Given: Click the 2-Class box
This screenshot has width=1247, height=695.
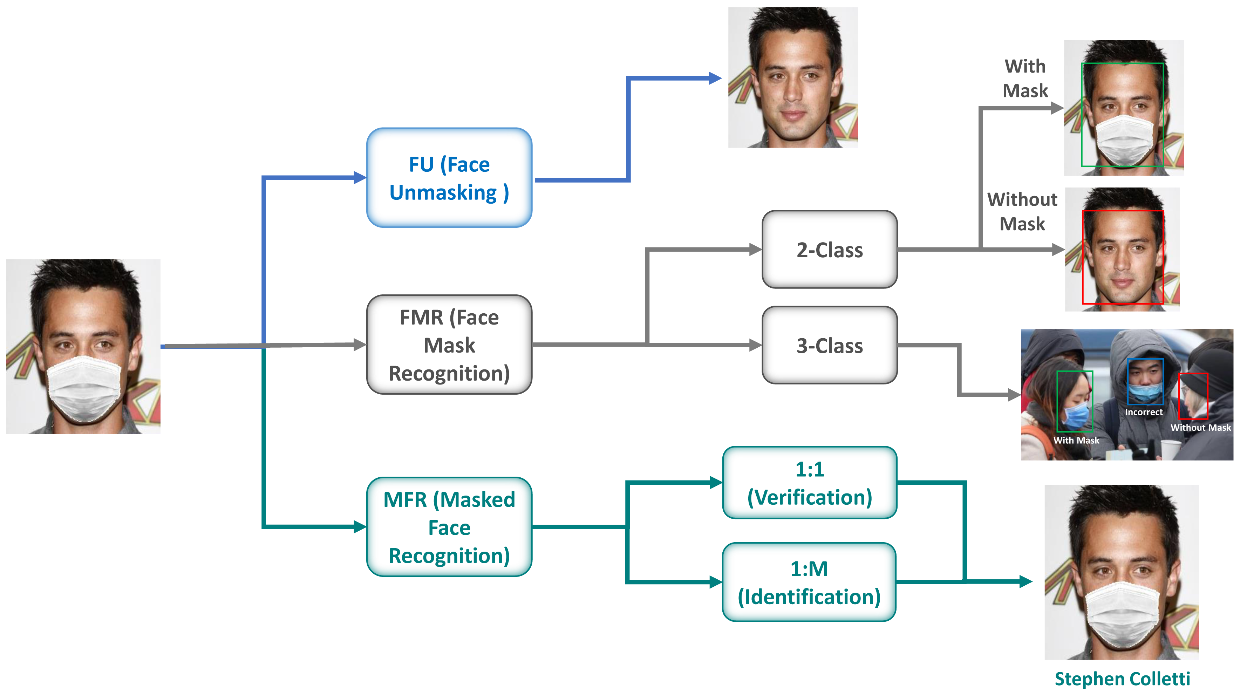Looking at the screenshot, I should pyautogui.click(x=829, y=250).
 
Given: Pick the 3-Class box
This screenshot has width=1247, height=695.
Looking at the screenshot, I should pyautogui.click(x=829, y=345).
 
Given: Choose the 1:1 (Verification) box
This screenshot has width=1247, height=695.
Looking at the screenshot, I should pyautogui.click(x=809, y=483).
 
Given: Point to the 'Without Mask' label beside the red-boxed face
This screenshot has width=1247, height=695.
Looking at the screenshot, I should pyautogui.click(x=1022, y=211).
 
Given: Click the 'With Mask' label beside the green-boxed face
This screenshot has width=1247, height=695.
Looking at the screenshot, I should pyautogui.click(x=1025, y=79).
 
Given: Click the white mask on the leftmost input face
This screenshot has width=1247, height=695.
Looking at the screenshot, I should pyautogui.click(x=84, y=387).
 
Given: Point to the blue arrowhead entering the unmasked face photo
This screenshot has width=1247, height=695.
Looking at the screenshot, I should pyautogui.click(x=715, y=78).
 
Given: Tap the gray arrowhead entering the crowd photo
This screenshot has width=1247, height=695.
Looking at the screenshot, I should pyautogui.click(x=1014, y=395).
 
